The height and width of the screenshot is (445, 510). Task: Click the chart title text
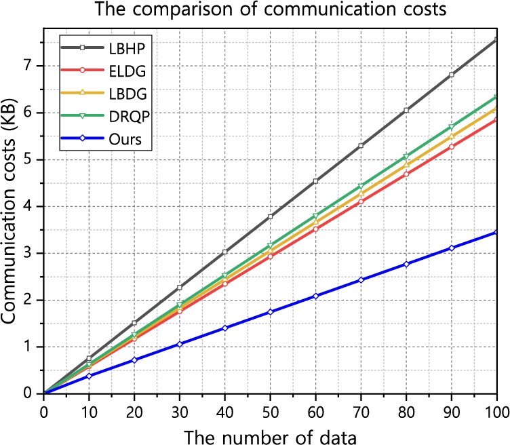pyautogui.click(x=271, y=9)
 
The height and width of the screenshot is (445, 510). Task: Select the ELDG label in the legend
pyautogui.click(x=127, y=71)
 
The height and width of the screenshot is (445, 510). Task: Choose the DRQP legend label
pyautogui.click(x=129, y=117)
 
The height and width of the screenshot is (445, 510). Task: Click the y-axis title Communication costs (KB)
pyautogui.click(x=9, y=211)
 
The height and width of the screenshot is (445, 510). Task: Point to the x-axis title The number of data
pyautogui.click(x=271, y=437)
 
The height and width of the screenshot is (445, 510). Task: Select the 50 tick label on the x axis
pyautogui.click(x=271, y=412)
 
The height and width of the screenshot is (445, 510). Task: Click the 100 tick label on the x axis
pyautogui.click(x=497, y=412)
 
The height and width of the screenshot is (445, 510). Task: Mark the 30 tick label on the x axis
pyautogui.click(x=180, y=412)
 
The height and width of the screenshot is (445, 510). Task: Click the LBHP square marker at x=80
pyautogui.click(x=406, y=111)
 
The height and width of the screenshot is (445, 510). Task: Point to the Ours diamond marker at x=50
pyautogui.click(x=271, y=311)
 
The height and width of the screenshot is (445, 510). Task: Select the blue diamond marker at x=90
pyautogui.click(x=452, y=248)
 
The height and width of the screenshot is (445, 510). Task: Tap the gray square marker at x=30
pyautogui.click(x=180, y=287)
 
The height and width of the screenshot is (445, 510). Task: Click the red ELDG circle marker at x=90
pyautogui.click(x=452, y=147)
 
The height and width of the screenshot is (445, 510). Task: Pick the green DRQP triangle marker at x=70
pyautogui.click(x=361, y=187)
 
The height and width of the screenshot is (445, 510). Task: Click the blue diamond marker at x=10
pyautogui.click(x=89, y=376)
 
